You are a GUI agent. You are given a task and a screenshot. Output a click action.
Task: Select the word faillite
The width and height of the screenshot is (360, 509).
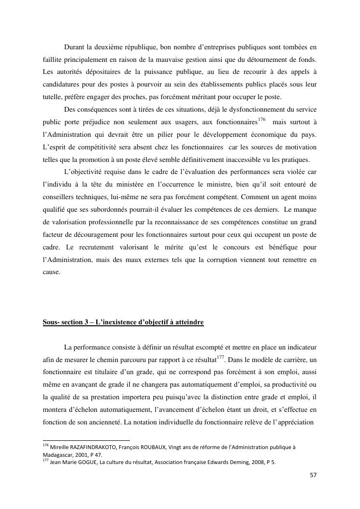click(x=52, y=60)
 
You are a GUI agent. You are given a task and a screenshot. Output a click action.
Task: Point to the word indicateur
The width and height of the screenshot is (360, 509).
click(x=301, y=348)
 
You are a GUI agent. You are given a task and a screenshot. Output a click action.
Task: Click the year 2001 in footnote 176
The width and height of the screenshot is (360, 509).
click(x=81, y=455)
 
